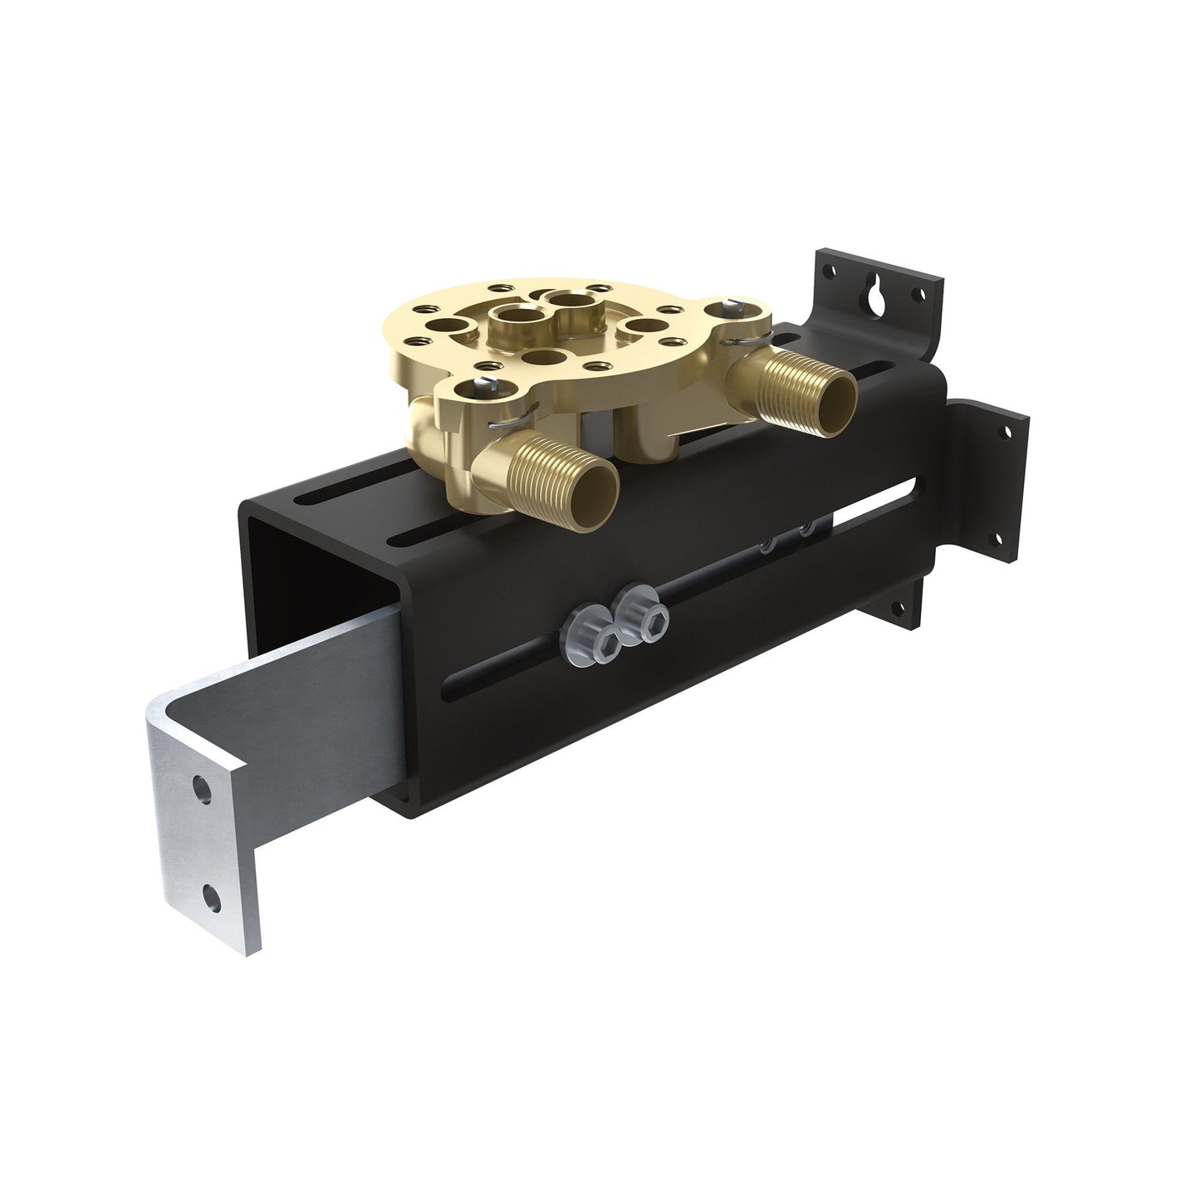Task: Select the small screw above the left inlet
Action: pos(482,384)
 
